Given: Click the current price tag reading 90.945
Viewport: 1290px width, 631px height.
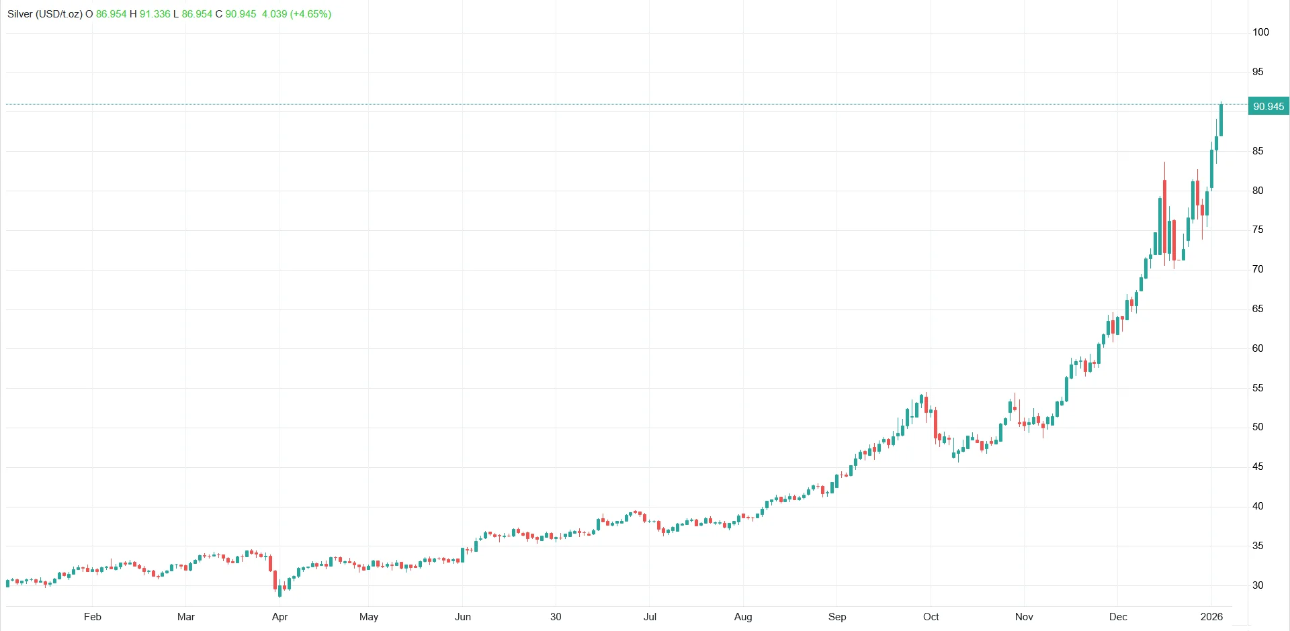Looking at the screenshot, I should (1268, 106).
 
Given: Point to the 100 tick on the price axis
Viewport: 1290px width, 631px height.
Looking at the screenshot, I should (1260, 32).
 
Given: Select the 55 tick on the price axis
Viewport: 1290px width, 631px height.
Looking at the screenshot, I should (1258, 388).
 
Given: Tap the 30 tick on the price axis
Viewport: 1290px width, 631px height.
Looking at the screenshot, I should (1258, 585).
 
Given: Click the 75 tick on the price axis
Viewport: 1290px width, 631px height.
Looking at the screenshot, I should (1258, 230).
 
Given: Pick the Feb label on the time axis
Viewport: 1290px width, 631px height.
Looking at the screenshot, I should (93, 617).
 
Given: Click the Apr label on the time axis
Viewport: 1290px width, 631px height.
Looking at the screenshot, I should (279, 617).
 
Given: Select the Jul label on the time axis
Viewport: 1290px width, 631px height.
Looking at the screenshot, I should (650, 617).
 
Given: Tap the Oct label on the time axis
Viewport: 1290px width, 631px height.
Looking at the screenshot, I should (931, 617).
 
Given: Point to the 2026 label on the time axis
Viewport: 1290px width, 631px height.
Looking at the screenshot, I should (1211, 617).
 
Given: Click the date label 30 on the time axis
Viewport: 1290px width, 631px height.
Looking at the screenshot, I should (556, 617).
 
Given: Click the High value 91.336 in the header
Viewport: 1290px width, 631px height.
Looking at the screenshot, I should (155, 14).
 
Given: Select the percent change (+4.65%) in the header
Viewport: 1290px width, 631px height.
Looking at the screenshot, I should (310, 14).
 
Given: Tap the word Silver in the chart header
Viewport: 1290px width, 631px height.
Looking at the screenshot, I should (20, 14).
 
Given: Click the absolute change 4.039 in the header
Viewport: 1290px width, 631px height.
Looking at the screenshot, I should (274, 14).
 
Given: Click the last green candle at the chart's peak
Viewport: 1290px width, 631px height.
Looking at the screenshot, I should (1221, 120).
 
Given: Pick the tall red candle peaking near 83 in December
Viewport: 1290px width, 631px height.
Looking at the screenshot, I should (1164, 215).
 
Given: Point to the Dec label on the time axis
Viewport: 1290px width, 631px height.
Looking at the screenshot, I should (1118, 617).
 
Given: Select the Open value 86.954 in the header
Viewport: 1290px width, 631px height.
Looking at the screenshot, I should (111, 14).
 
